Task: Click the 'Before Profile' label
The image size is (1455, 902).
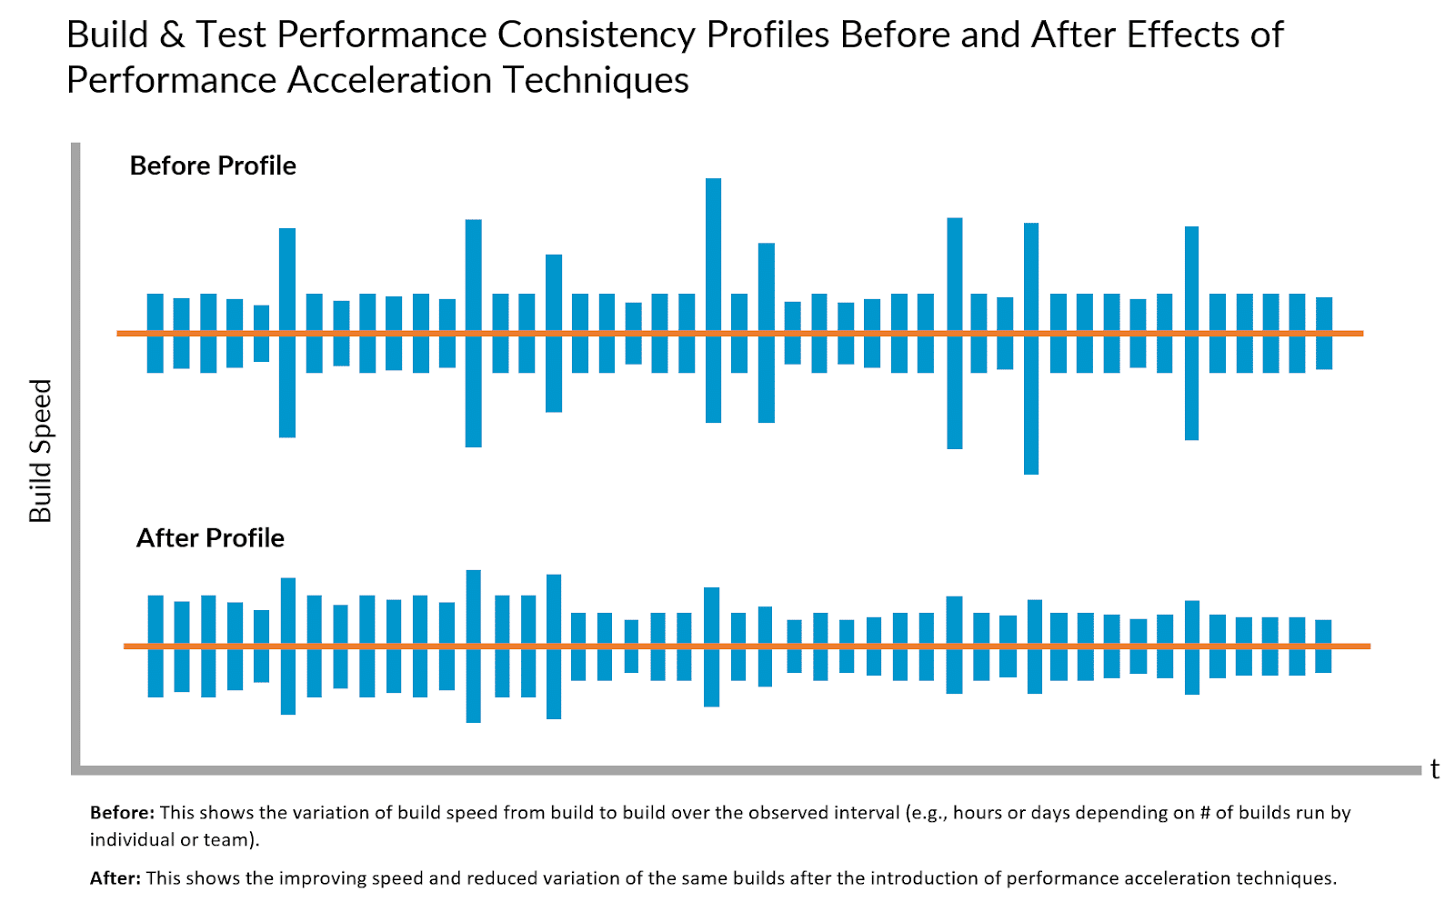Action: pyautogui.click(x=213, y=165)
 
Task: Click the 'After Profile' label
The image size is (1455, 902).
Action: pyautogui.click(x=210, y=538)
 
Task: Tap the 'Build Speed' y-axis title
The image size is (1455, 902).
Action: pyautogui.click(x=41, y=451)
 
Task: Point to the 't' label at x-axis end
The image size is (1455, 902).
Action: pyautogui.click(x=1434, y=769)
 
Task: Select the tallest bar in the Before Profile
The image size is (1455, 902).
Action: pyautogui.click(x=713, y=300)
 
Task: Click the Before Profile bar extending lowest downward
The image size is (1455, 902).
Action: pyautogui.click(x=1030, y=348)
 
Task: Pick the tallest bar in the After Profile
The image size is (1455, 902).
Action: pyautogui.click(x=473, y=646)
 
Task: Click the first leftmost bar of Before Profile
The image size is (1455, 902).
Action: pyautogui.click(x=156, y=333)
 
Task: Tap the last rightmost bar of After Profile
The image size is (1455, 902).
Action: pyautogui.click(x=1323, y=646)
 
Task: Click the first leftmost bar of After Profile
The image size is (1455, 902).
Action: pyautogui.click(x=156, y=646)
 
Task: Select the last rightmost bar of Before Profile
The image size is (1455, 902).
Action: pyautogui.click(x=1324, y=333)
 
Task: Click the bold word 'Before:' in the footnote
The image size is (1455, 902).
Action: pyautogui.click(x=122, y=813)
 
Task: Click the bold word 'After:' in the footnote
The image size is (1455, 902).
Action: pyautogui.click(x=115, y=878)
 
